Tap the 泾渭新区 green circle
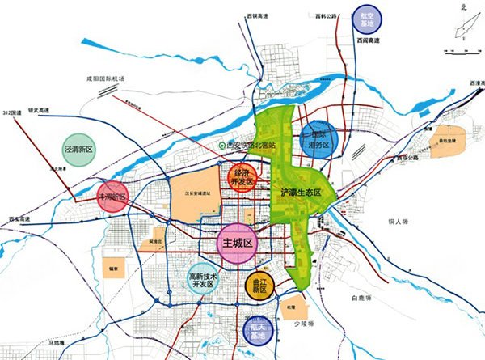point(79,150)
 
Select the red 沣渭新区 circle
point(113,197)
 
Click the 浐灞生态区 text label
point(301,193)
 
